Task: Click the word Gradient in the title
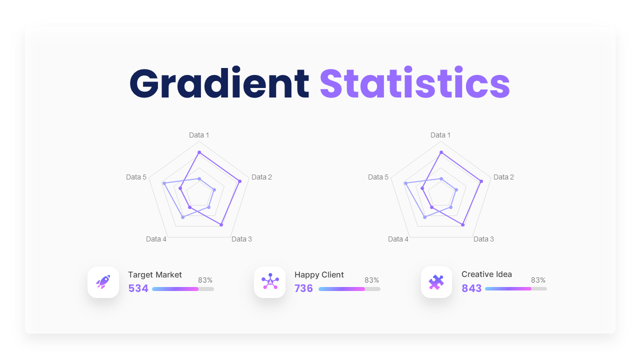coord(219,83)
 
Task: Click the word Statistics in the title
coord(414,83)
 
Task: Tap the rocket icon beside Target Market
coord(103,282)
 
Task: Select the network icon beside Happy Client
coord(270,282)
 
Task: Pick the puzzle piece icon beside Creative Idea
coord(436,282)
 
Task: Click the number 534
coord(138,288)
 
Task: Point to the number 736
coord(303,288)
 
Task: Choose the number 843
coord(471,288)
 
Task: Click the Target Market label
coord(155,274)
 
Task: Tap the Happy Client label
coord(319,274)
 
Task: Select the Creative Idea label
coord(486,274)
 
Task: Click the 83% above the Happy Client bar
coord(371,280)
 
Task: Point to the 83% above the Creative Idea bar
coord(538,280)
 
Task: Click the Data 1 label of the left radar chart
coord(199,135)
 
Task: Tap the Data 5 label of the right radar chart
coord(378,177)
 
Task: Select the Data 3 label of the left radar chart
coord(241,239)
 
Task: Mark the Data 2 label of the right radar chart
coord(503,177)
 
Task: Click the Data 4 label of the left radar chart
coord(156,239)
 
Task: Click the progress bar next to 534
coord(182,289)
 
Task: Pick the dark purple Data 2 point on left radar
coord(240,181)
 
